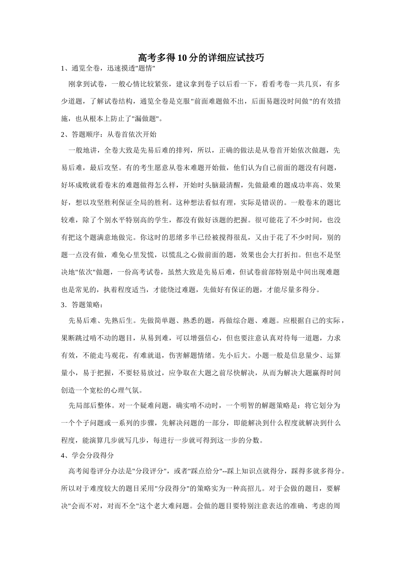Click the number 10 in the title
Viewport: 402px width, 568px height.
[x=183, y=58]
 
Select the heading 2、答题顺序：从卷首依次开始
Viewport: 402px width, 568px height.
[x=109, y=134]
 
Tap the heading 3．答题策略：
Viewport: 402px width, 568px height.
[x=82, y=305]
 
